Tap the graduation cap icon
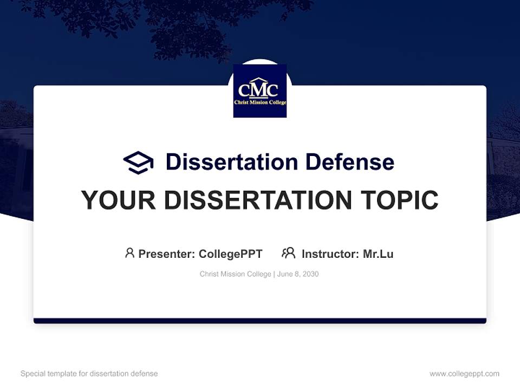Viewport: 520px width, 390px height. pyautogui.click(x=138, y=162)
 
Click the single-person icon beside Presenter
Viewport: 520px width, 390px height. pyautogui.click(x=129, y=253)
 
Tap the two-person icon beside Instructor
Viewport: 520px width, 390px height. pyautogui.click(x=288, y=253)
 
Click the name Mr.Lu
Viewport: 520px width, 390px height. pyautogui.click(x=378, y=253)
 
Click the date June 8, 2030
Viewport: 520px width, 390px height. pyautogui.click(x=298, y=274)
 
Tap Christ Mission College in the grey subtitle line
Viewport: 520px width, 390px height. pyautogui.click(x=235, y=274)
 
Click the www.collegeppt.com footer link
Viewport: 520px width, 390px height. pyautogui.click(x=464, y=374)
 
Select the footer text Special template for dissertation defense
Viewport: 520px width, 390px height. pyautogui.click(x=89, y=374)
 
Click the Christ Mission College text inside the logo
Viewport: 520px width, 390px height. pyautogui.click(x=260, y=102)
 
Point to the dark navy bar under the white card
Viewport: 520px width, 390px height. pyautogui.click(x=260, y=321)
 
